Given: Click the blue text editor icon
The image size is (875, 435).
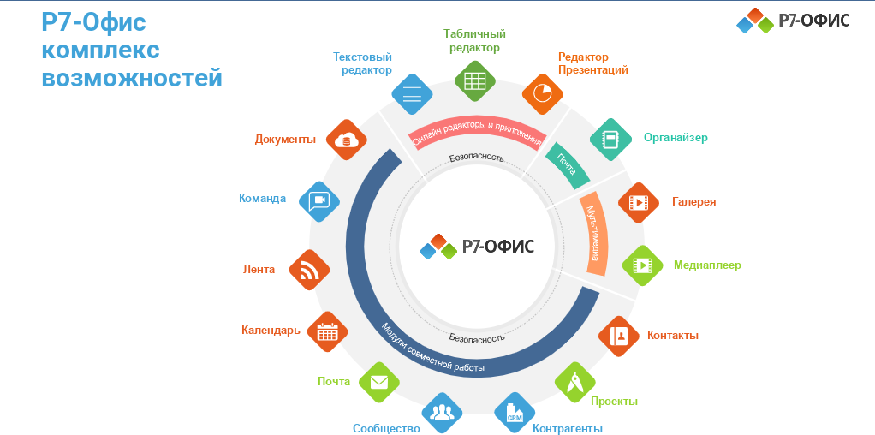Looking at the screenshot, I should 412,93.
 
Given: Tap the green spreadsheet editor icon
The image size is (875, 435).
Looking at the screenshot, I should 475,81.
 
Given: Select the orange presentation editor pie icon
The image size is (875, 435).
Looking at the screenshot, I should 542,93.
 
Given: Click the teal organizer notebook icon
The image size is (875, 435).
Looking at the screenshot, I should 610,140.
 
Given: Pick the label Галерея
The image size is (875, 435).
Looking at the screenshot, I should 693,202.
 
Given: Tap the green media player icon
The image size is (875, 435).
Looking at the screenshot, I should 641,266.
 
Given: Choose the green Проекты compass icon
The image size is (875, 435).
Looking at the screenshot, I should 575,382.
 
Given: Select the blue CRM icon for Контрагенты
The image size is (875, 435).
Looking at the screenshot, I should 515,414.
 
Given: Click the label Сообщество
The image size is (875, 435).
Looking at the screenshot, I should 386,428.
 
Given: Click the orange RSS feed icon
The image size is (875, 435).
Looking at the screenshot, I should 309,271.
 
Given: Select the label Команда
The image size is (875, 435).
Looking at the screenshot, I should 262,199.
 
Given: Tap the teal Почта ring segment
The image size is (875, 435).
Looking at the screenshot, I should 568,164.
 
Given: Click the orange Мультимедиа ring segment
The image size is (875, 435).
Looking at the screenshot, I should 597,234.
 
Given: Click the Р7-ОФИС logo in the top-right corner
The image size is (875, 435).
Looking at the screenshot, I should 793,21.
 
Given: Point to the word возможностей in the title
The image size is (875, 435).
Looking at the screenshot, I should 132,79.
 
